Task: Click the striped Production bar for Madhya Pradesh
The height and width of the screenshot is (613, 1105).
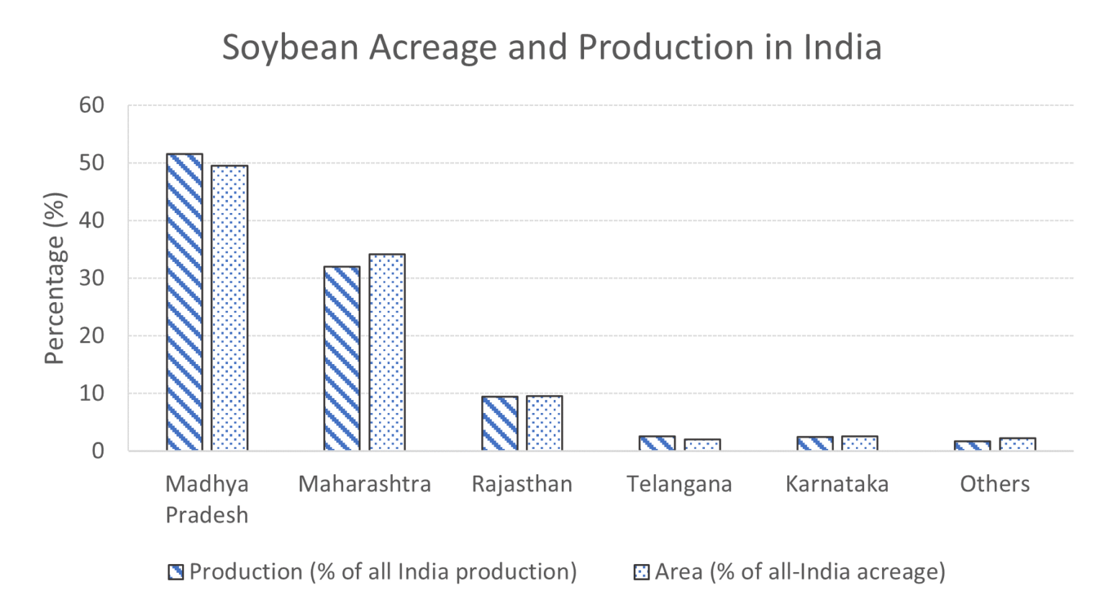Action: [184, 302]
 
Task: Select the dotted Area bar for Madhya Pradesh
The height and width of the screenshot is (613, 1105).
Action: [229, 308]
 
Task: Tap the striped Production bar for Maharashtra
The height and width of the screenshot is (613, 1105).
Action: [342, 358]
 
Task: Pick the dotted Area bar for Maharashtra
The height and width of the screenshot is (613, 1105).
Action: [387, 353]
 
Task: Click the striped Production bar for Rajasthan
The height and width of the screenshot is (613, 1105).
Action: [499, 423]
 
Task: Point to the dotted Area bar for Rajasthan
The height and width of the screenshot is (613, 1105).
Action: [544, 423]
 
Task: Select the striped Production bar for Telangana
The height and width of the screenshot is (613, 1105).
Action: [657, 443]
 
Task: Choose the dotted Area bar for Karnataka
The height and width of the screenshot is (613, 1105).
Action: [860, 443]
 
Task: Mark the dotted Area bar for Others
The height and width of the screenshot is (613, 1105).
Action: [1017, 444]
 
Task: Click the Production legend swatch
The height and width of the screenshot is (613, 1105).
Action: [176, 572]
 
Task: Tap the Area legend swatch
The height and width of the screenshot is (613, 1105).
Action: [641, 572]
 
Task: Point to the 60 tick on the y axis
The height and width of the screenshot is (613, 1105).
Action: [91, 105]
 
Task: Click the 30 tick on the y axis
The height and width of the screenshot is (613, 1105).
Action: [91, 278]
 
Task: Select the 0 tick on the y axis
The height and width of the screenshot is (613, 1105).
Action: [98, 451]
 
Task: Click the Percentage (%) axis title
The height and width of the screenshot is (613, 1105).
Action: [54, 278]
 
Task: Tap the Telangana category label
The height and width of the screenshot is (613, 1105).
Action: [679, 483]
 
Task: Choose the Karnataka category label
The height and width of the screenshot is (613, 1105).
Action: [837, 483]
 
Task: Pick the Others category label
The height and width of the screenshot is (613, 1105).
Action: [994, 483]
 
